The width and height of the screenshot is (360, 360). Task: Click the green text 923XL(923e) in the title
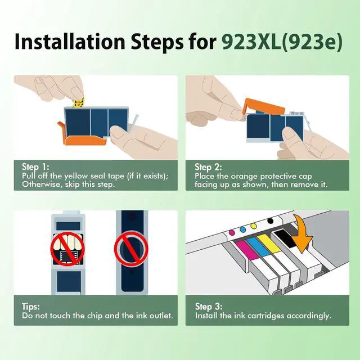(x=282, y=42)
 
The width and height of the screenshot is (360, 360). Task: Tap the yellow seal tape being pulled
(x=79, y=102)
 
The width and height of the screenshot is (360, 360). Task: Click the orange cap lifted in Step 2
(x=264, y=106)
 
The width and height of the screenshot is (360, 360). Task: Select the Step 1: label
(x=35, y=166)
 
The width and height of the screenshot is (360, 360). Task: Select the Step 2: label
(x=208, y=167)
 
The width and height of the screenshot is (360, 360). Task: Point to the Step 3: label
(x=209, y=306)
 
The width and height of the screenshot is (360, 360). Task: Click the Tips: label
(x=31, y=306)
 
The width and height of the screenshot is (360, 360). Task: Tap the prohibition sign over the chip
(x=67, y=249)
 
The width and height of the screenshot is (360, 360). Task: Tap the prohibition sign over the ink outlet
(x=131, y=249)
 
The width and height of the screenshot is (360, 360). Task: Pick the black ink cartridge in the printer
(x=285, y=238)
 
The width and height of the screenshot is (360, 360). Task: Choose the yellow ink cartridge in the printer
(x=269, y=244)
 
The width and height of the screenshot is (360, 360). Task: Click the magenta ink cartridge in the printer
(x=247, y=250)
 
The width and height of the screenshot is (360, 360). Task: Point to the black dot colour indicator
(x=271, y=221)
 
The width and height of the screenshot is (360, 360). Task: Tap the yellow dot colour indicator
(x=254, y=226)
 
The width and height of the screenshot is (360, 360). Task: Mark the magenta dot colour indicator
(x=232, y=232)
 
